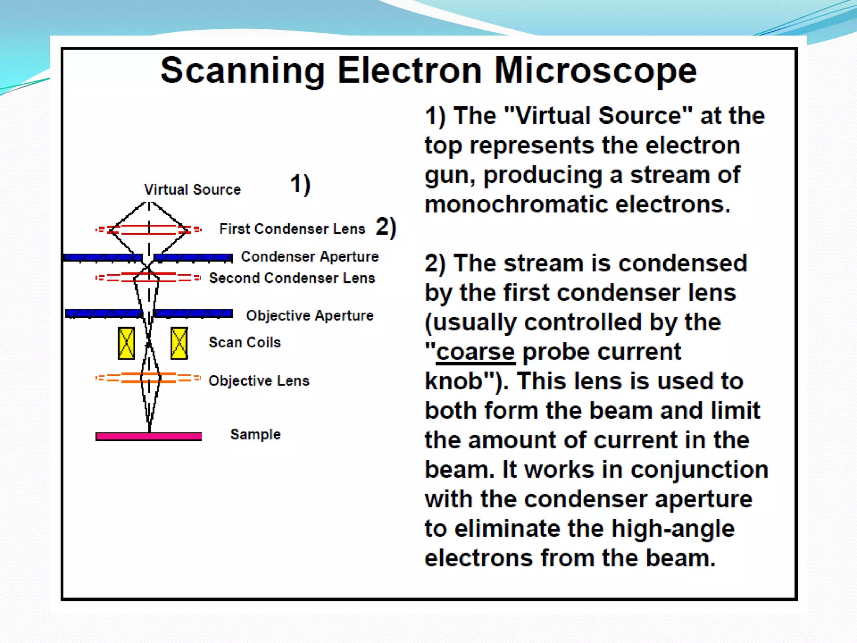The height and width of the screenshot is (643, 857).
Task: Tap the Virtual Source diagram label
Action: pyautogui.click(x=192, y=190)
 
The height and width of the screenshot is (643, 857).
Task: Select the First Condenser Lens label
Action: pyautogui.click(x=292, y=229)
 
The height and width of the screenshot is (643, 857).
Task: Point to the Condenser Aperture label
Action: pyautogui.click(x=310, y=257)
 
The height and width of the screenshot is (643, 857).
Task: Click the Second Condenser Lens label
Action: pyautogui.click(x=292, y=278)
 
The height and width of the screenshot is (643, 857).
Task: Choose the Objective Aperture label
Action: pyautogui.click(x=310, y=316)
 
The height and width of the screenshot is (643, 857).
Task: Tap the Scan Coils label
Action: pyautogui.click(x=245, y=342)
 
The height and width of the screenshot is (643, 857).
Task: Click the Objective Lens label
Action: pyautogui.click(x=259, y=381)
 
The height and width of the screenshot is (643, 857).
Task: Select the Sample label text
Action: pyautogui.click(x=255, y=435)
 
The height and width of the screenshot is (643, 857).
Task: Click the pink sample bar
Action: pyautogui.click(x=149, y=437)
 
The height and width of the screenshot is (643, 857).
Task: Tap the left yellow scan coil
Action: pyautogui.click(x=126, y=344)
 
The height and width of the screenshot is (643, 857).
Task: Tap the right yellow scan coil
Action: pyautogui.click(x=179, y=344)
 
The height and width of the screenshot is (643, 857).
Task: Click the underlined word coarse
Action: pyautogui.click(x=475, y=352)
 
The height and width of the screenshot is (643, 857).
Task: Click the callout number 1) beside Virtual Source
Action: pyautogui.click(x=300, y=185)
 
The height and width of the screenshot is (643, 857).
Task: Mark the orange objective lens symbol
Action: pyautogui.click(x=149, y=378)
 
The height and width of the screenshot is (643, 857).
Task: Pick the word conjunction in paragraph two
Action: pyautogui.click(x=699, y=470)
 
